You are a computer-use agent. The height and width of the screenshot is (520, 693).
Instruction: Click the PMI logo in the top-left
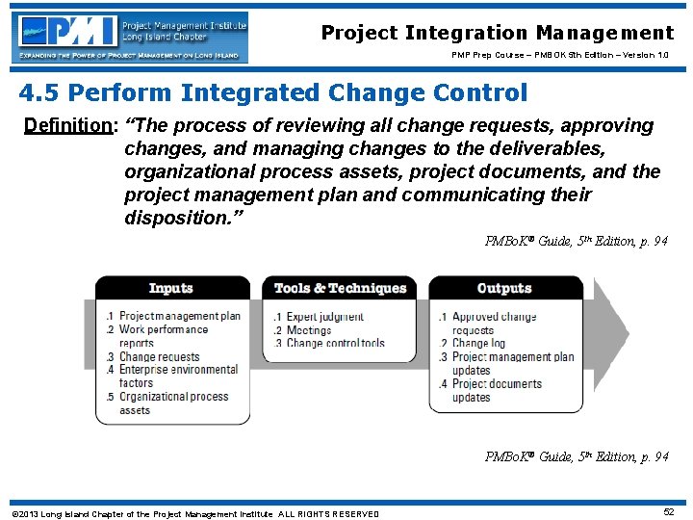click(131, 38)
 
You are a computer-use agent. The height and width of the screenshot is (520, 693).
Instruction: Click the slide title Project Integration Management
click(498, 33)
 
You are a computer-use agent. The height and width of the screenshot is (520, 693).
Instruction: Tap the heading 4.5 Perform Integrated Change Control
click(274, 92)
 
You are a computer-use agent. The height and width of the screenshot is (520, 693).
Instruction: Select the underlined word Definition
click(65, 126)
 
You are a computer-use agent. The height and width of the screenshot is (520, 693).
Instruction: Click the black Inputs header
click(171, 288)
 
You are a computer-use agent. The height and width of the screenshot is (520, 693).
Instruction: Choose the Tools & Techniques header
click(340, 288)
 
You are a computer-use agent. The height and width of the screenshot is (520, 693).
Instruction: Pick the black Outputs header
click(504, 288)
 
